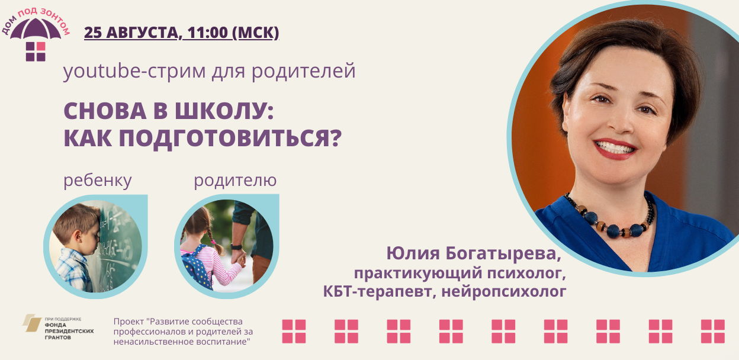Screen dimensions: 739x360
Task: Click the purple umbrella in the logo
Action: pyautogui.click(x=36, y=29)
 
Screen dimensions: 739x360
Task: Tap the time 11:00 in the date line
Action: pyautogui.click(x=207, y=33)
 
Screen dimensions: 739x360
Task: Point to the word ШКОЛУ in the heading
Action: pyautogui.click(x=224, y=111)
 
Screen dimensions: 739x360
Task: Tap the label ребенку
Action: pyautogui.click(x=97, y=181)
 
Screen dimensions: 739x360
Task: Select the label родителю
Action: pyautogui.click(x=235, y=181)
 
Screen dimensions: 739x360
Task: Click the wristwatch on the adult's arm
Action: pyautogui.click(x=236, y=247)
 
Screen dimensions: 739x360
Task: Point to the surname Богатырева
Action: pyautogui.click(x=503, y=254)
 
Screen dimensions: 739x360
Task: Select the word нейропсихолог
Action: pyautogui.click(x=504, y=292)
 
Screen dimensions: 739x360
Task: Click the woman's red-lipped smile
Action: pyautogui.click(x=615, y=149)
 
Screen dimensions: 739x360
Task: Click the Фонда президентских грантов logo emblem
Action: pyautogui.click(x=31, y=323)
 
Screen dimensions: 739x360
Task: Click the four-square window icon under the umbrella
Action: pyautogui.click(x=36, y=52)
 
